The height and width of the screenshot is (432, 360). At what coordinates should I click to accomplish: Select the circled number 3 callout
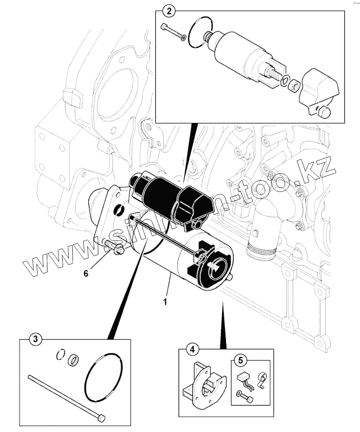[x=35, y=339]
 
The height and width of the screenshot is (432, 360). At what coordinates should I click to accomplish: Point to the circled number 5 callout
[x=240, y=360]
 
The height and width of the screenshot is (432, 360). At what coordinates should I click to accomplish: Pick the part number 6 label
[x=86, y=273]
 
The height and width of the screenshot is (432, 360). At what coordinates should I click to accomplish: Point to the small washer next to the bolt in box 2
[x=183, y=37]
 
